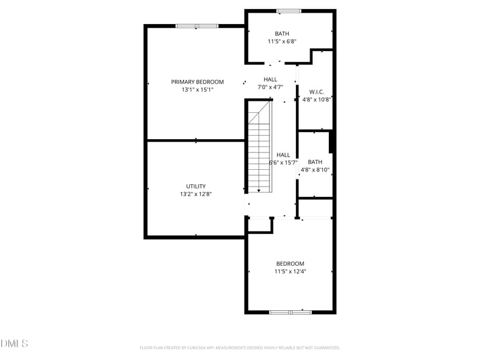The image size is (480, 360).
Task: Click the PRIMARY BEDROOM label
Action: (x=197, y=82)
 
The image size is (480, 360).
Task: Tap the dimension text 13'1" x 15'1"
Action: (x=197, y=89)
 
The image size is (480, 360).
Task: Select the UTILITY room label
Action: (x=196, y=186)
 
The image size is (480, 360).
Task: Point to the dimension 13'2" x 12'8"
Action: (x=196, y=194)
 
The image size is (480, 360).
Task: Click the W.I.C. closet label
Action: (x=316, y=92)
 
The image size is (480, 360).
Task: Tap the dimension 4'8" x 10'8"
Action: (x=316, y=100)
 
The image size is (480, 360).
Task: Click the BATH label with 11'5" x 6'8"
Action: (x=282, y=34)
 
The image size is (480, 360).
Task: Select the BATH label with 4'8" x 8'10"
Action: (x=315, y=162)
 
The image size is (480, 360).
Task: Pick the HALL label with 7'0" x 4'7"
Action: (x=270, y=79)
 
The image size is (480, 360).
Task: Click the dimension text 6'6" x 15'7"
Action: (x=283, y=163)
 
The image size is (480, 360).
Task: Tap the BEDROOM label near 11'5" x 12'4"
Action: (x=290, y=264)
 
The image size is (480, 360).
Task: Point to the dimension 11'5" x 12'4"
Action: (x=290, y=272)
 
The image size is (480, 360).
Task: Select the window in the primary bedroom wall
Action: (x=197, y=26)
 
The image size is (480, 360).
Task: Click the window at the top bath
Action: (x=289, y=11)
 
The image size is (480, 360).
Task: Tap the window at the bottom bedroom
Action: (x=290, y=312)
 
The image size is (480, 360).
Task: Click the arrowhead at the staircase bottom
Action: (x=259, y=190)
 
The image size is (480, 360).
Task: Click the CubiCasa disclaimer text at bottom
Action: (x=240, y=347)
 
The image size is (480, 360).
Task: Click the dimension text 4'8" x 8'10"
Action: (x=315, y=170)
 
